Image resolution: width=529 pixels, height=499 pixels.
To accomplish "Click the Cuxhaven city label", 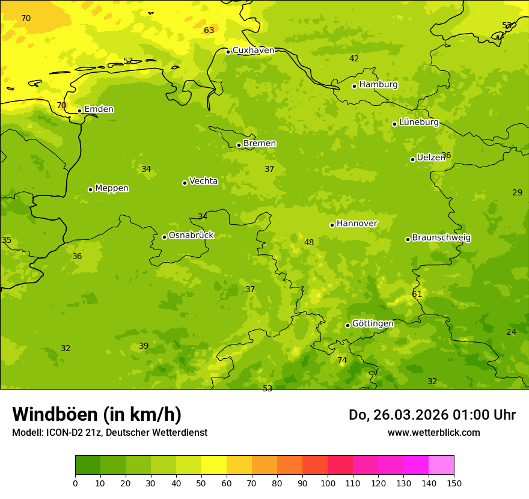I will click(x=253, y=51).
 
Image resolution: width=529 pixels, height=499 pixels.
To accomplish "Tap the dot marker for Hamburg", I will click(x=355, y=86).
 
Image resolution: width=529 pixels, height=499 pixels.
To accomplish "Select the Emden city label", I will click(x=99, y=109).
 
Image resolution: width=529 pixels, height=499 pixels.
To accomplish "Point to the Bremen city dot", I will click(x=239, y=145).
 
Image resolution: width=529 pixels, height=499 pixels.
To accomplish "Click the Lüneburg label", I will click(x=419, y=122).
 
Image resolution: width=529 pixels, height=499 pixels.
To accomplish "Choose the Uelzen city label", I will click(x=431, y=158).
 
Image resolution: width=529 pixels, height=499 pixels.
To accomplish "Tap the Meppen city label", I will click(x=112, y=188).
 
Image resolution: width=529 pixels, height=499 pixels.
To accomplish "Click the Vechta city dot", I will click(x=185, y=183).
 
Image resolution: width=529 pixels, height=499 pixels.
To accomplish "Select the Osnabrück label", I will click(x=191, y=235).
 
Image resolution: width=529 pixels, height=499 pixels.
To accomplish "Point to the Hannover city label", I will click(x=357, y=224).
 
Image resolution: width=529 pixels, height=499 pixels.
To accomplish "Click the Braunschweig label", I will click(x=441, y=238).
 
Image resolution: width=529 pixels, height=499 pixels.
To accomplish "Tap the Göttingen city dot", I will click(x=347, y=325).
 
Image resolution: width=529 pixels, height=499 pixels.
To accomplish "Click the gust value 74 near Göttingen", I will click(x=342, y=361).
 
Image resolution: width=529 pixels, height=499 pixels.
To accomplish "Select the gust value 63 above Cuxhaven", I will click(x=209, y=31).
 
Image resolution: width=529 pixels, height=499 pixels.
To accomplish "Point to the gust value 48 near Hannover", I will click(x=309, y=243).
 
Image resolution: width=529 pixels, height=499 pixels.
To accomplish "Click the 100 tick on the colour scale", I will click(x=328, y=483).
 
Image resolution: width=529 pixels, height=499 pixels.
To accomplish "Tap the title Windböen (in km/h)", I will click(x=97, y=414).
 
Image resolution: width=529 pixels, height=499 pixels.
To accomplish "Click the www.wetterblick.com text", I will click(x=434, y=433).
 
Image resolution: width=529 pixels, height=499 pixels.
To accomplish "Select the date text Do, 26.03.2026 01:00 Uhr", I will click(x=432, y=415).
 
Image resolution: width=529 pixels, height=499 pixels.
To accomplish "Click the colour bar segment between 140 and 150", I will click(x=441, y=465).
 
